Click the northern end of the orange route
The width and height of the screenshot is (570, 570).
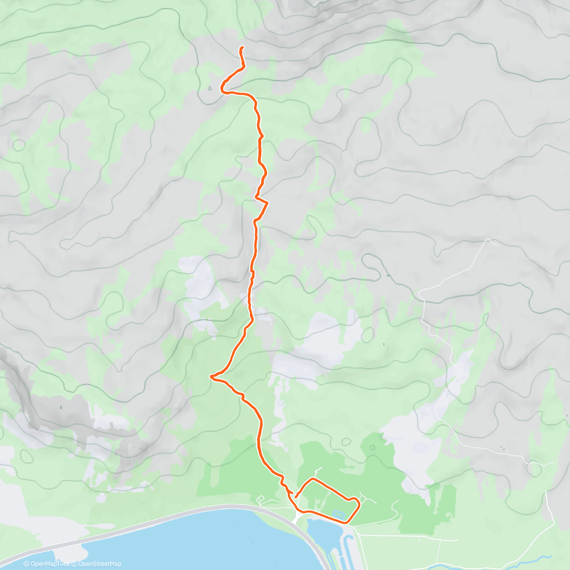(x=242, y=47)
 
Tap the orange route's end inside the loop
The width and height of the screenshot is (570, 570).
(x=295, y=497)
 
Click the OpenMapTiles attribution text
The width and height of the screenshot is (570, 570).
(x=50, y=564)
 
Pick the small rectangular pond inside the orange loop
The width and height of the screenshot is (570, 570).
(x=338, y=514)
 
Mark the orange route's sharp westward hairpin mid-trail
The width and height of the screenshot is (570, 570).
(x=211, y=376)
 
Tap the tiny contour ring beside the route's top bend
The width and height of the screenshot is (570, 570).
(x=209, y=87)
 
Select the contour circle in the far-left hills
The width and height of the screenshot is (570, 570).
(x=19, y=144)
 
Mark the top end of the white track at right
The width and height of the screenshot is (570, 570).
(x=488, y=240)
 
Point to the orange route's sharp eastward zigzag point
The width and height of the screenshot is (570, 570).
(x=267, y=203)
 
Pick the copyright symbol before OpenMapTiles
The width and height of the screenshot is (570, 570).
(x=27, y=564)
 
